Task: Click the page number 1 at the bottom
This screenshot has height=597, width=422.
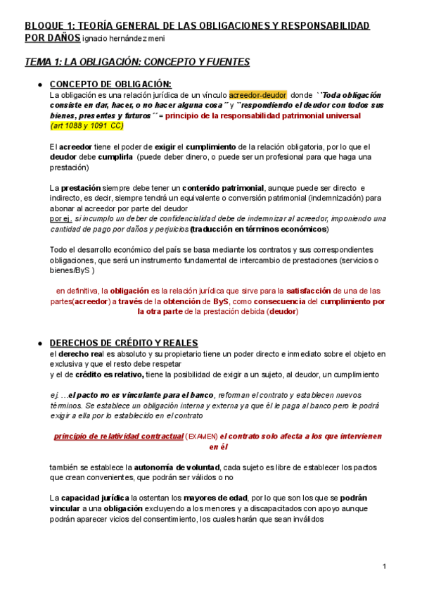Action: pos(385,566)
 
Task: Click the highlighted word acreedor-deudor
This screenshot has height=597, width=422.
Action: pos(257,94)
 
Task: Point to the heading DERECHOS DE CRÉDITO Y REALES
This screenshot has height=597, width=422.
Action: pos(124,342)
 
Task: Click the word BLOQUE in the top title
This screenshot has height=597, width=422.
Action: pos(44,25)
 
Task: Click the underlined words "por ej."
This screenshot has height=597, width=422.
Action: pos(60,219)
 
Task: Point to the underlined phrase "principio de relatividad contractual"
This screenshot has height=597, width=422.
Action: pos(118,436)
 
